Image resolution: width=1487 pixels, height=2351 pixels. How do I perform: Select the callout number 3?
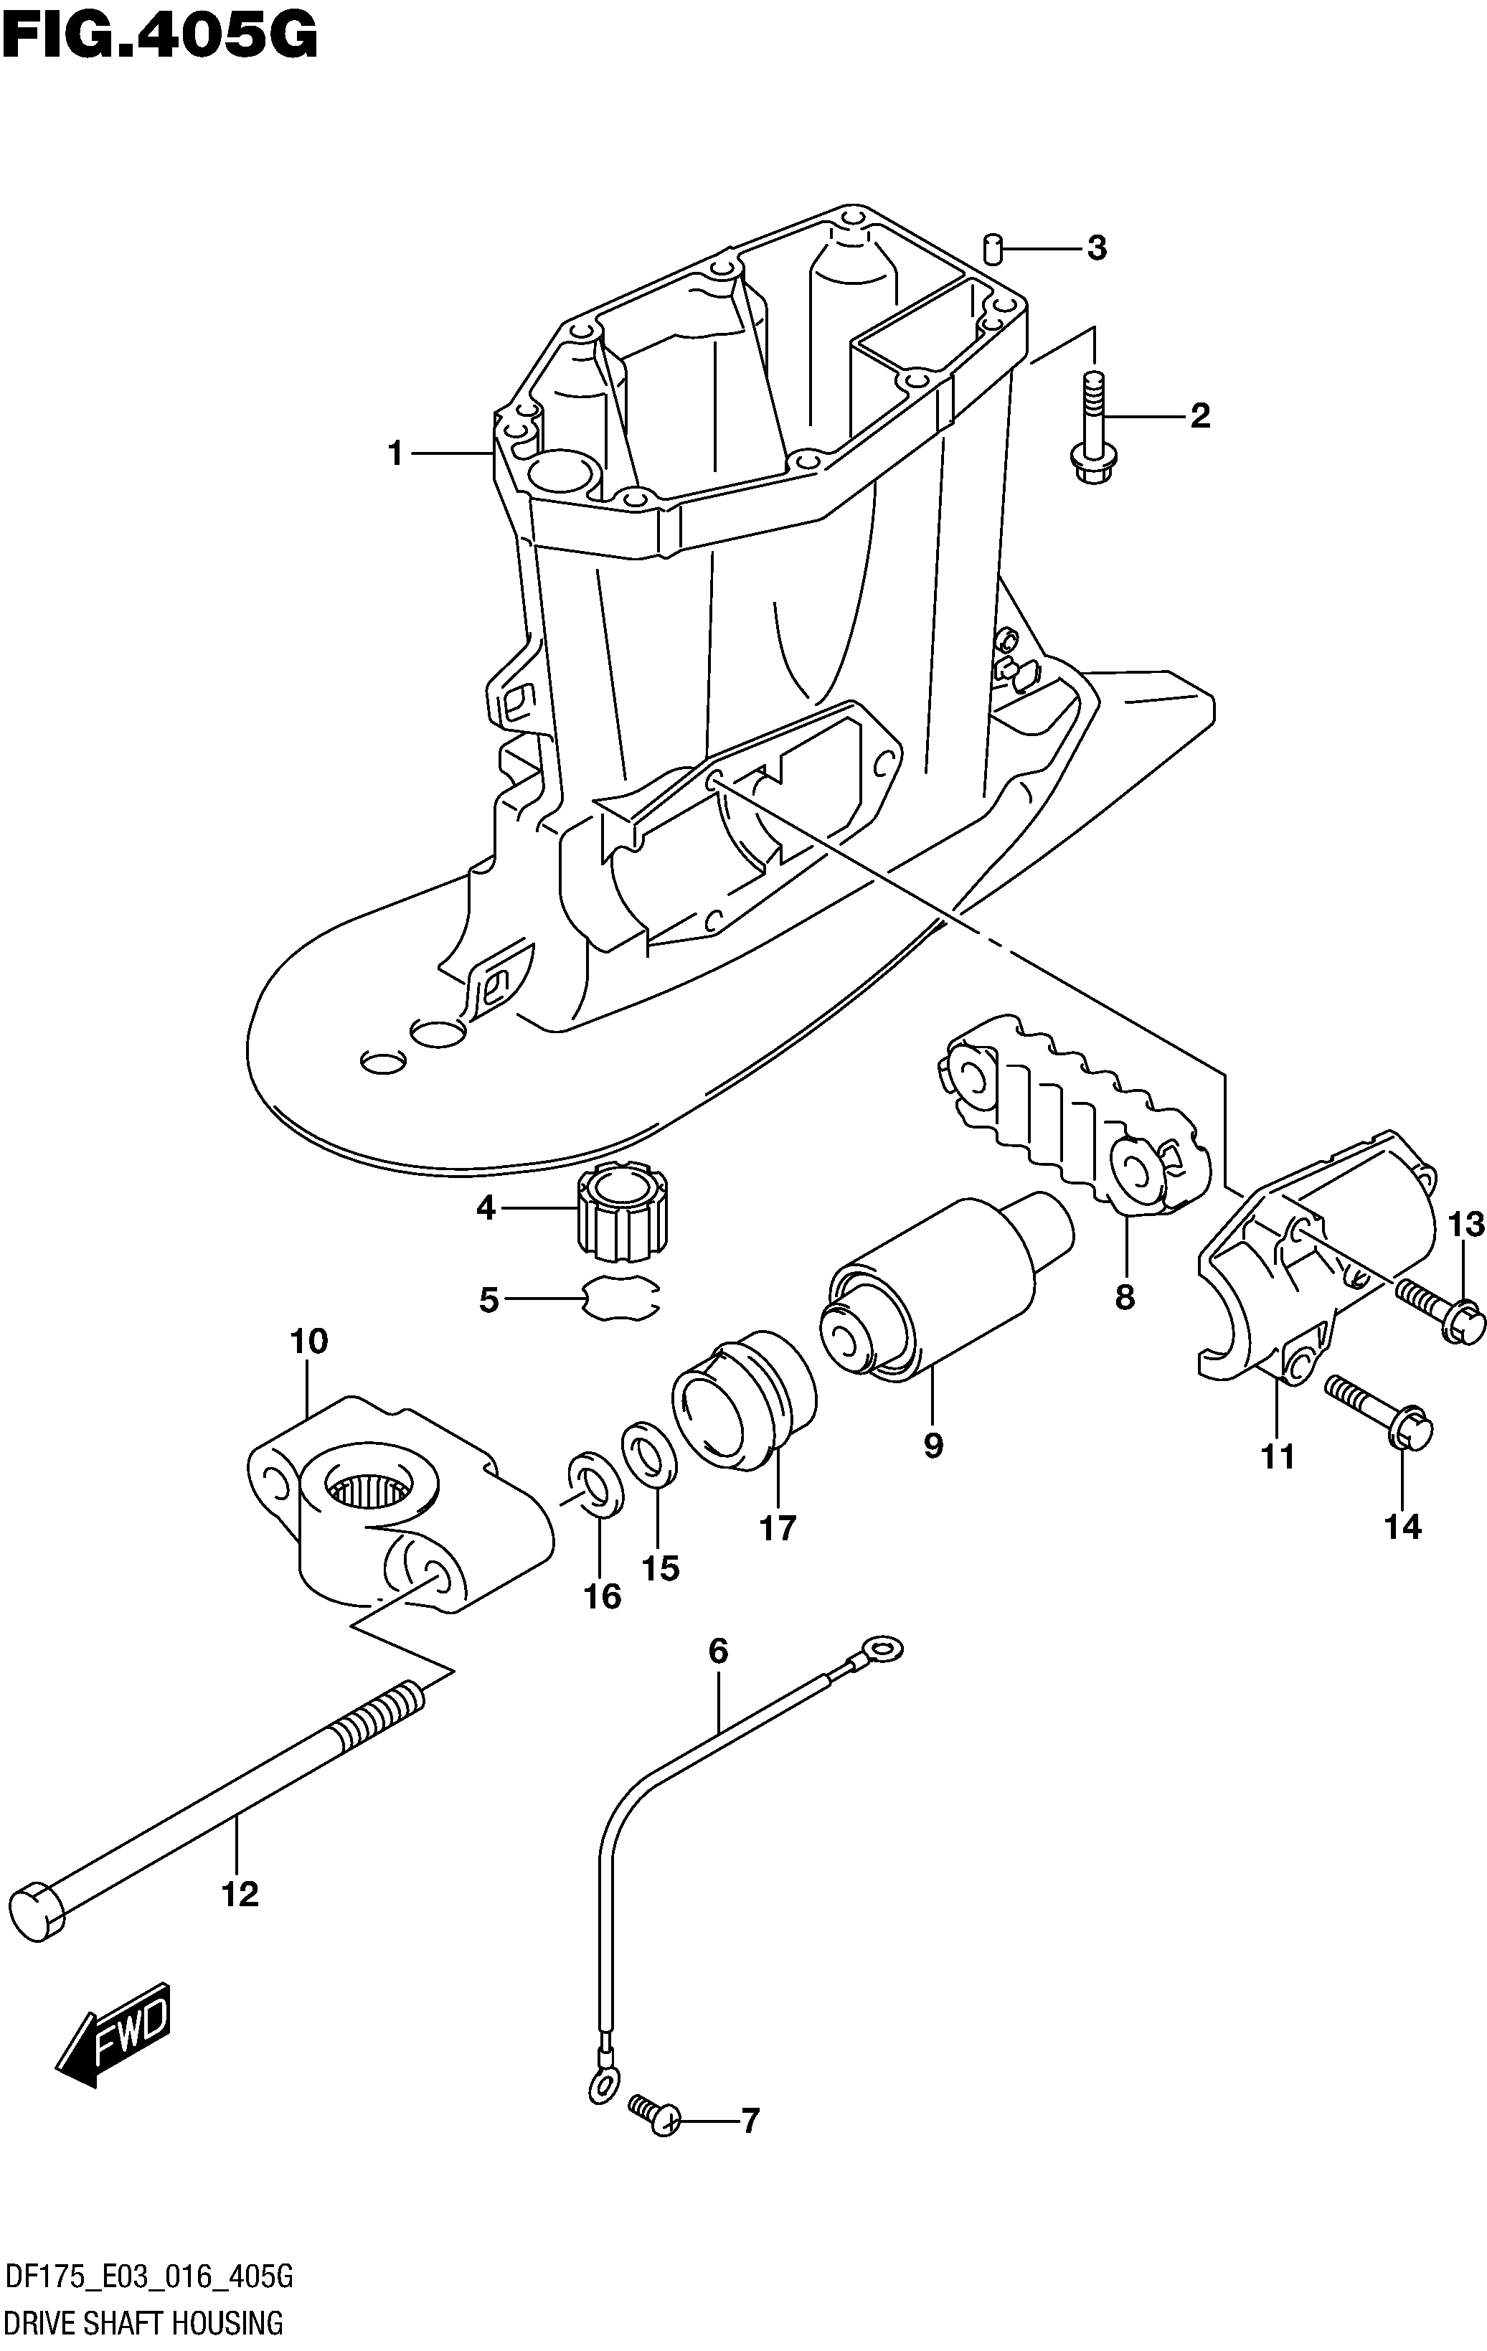tap(1097, 249)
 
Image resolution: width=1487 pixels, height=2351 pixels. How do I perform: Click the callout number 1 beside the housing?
tap(395, 454)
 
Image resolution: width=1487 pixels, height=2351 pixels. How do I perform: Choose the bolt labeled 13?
tap(1438, 1310)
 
